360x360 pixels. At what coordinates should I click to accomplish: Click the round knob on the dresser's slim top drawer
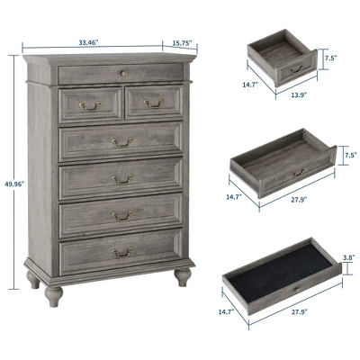point(121,71)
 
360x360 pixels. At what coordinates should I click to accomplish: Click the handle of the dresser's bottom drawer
point(122,253)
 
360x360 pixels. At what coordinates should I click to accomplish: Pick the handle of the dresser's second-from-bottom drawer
point(122,215)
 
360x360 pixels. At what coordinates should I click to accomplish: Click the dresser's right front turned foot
point(183,275)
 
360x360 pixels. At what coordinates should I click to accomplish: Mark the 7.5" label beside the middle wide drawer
point(350,154)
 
